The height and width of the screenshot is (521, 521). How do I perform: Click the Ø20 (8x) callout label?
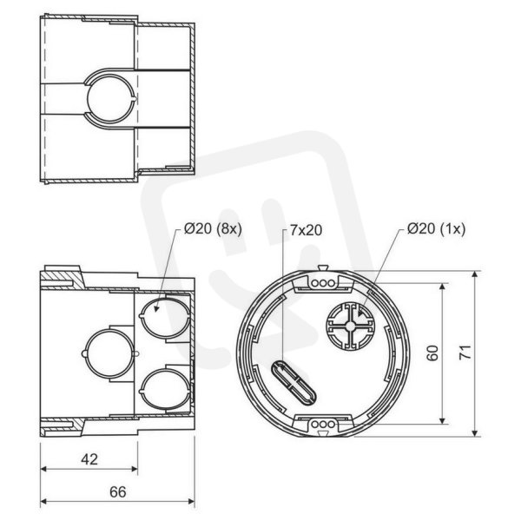tap(213, 229)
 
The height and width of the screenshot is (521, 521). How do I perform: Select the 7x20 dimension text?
tap(306, 230)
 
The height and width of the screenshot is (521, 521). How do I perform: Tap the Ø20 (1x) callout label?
tap(436, 229)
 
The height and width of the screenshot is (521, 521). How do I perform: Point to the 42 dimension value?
tap(89, 459)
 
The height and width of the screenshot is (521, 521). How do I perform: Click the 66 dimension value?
tap(117, 492)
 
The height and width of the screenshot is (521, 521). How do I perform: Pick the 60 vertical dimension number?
tap(432, 353)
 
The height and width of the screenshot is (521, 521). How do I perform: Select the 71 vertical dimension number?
tap(465, 353)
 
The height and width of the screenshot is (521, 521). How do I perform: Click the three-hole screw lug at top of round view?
tap(323, 283)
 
